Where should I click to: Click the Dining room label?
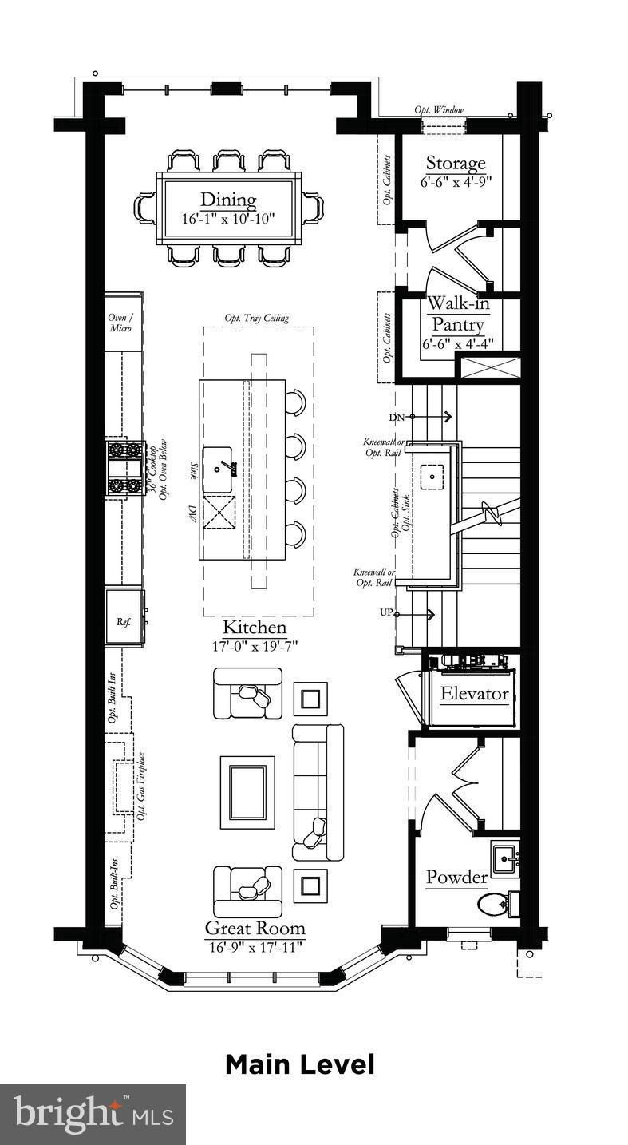(x=228, y=200)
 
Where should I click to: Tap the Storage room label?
(x=456, y=163)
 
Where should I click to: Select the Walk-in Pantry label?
(x=458, y=313)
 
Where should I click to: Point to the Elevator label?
(x=475, y=694)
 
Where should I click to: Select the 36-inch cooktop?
(x=123, y=468)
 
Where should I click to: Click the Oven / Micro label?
(x=120, y=323)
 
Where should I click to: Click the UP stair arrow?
(x=415, y=614)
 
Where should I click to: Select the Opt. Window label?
(x=439, y=109)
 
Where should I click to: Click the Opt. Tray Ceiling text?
(x=256, y=318)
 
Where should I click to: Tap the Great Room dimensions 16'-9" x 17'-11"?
(x=256, y=947)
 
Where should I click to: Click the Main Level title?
(x=300, y=1064)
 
